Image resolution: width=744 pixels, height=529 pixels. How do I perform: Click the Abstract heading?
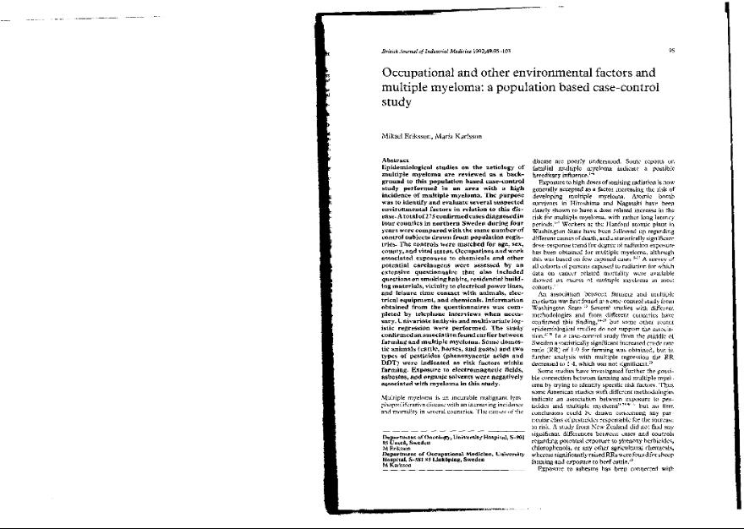397,160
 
